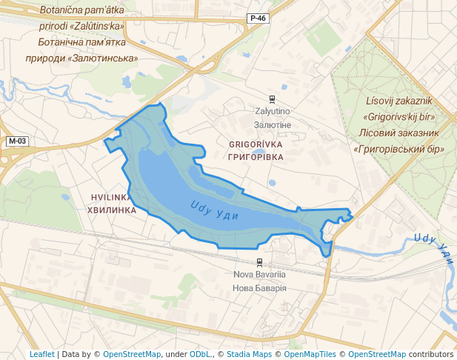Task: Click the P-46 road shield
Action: coord(258,18)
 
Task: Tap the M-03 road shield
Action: coord(17,141)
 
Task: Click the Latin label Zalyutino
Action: coord(272,111)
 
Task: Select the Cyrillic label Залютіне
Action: coord(272,124)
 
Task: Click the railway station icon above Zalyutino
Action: coord(272,99)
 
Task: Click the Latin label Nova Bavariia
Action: coord(259,274)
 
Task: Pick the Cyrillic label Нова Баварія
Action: coord(259,287)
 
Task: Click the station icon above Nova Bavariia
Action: coord(259,261)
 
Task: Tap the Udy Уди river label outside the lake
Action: coord(433,244)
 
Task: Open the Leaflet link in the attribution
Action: coord(41,354)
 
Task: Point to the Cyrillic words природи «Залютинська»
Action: coord(82,57)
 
